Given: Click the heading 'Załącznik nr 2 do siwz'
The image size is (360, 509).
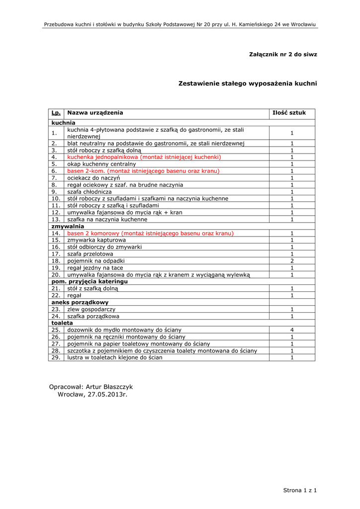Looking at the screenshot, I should click(x=282, y=54).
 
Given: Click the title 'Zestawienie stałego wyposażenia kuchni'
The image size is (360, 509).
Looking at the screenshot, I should click(x=247, y=84).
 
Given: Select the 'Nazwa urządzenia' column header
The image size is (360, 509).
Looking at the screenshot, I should click(x=95, y=113).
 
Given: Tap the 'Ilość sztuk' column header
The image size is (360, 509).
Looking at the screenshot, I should click(x=292, y=113).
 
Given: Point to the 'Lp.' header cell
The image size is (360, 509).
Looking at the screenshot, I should click(x=56, y=113).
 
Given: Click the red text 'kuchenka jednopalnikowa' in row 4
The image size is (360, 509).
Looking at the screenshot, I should click(x=102, y=157).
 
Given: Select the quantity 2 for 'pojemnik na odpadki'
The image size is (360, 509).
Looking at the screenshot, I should click(x=292, y=260).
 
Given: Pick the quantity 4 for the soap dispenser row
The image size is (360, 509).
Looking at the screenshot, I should click(x=292, y=330).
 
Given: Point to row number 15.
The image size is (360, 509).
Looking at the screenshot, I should click(x=56, y=240).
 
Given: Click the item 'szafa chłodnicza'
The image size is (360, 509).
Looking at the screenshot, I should click(x=90, y=191).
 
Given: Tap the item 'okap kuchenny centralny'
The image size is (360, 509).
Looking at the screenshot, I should click(x=101, y=164).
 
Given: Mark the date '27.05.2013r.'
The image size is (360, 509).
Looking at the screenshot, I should click(x=108, y=395).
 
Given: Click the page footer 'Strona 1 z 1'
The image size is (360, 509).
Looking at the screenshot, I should click(x=300, y=491).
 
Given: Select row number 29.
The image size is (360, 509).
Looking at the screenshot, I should click(x=56, y=357).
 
